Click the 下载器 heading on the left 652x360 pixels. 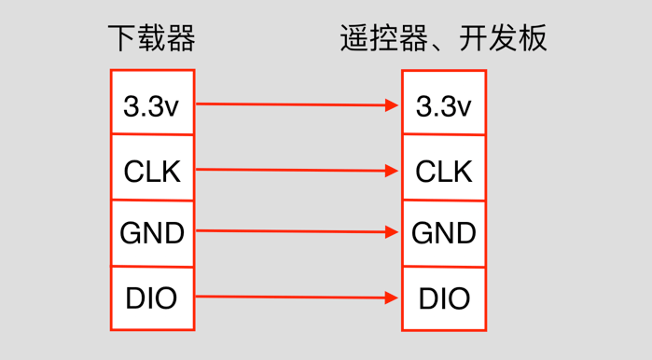click(x=151, y=38)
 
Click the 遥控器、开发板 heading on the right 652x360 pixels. click(x=443, y=38)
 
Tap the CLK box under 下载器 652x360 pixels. click(x=152, y=169)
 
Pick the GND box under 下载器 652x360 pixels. click(x=152, y=233)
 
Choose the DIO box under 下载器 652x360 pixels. click(x=152, y=298)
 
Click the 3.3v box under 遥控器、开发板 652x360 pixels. click(x=443, y=104)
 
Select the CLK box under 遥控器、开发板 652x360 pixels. click(x=443, y=171)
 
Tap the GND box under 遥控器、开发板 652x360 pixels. click(x=443, y=233)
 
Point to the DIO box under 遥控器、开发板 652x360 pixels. click(x=443, y=298)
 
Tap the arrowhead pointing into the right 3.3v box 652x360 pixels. click(x=393, y=105)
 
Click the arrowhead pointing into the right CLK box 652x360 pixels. click(x=393, y=171)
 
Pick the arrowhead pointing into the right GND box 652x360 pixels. click(x=393, y=232)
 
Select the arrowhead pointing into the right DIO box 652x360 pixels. click(x=393, y=298)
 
